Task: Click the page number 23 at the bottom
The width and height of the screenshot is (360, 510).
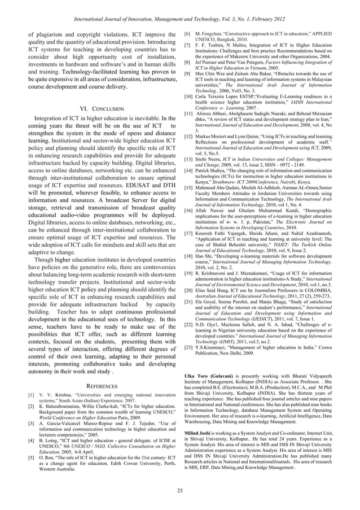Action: [x=179, y=490]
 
